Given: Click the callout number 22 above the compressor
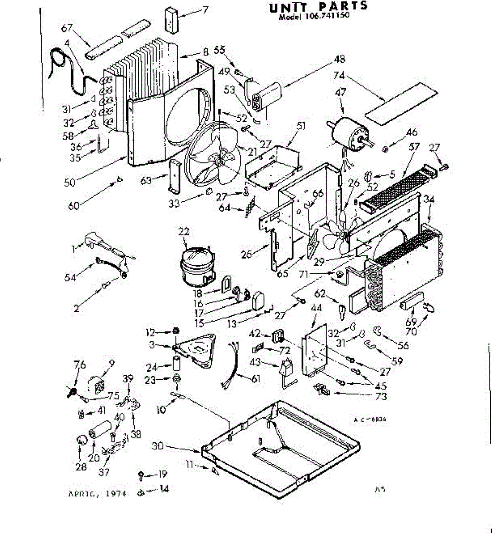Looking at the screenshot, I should click(184, 231).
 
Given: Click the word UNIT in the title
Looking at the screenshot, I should click(287, 6).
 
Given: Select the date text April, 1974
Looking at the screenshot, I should click(97, 493).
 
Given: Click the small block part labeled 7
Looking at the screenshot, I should click(172, 19).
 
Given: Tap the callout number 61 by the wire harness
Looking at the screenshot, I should click(256, 378).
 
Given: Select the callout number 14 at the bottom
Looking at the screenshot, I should click(164, 489).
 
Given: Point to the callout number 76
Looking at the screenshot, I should click(80, 365).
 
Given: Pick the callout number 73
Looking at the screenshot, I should click(381, 396).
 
